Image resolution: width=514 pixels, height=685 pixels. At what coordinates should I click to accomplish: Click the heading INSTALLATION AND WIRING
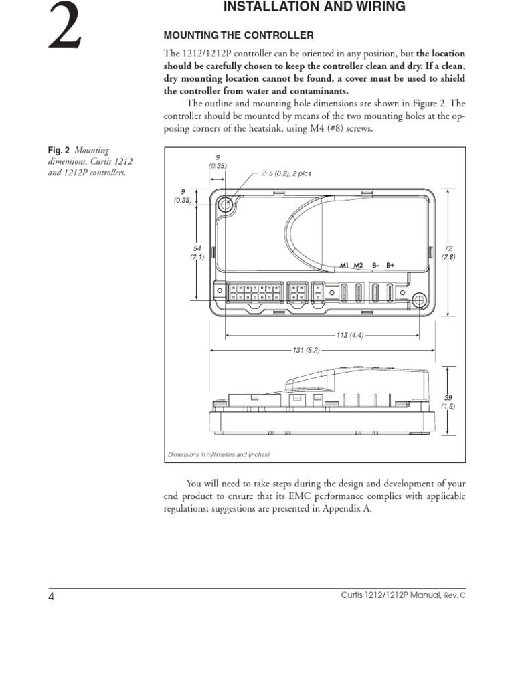pyautogui.click(x=314, y=7)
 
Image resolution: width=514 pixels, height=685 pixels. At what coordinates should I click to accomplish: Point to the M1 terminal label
pyautogui.click(x=344, y=265)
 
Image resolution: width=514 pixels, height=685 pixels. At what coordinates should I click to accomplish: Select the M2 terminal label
pyautogui.click(x=358, y=265)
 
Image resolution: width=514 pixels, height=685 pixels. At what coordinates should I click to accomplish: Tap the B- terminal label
pyautogui.click(x=375, y=265)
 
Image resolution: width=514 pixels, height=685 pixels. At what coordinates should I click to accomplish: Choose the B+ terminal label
pyautogui.click(x=390, y=265)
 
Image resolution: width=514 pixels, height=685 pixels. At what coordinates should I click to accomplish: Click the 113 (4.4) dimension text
pyautogui.click(x=351, y=335)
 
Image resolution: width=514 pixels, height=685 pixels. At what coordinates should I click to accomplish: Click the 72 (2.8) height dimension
pyautogui.click(x=448, y=252)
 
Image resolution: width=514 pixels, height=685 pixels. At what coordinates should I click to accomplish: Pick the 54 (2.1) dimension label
pyautogui.click(x=196, y=252)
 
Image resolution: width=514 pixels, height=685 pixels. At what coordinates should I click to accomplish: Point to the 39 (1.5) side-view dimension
pyautogui.click(x=448, y=402)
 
